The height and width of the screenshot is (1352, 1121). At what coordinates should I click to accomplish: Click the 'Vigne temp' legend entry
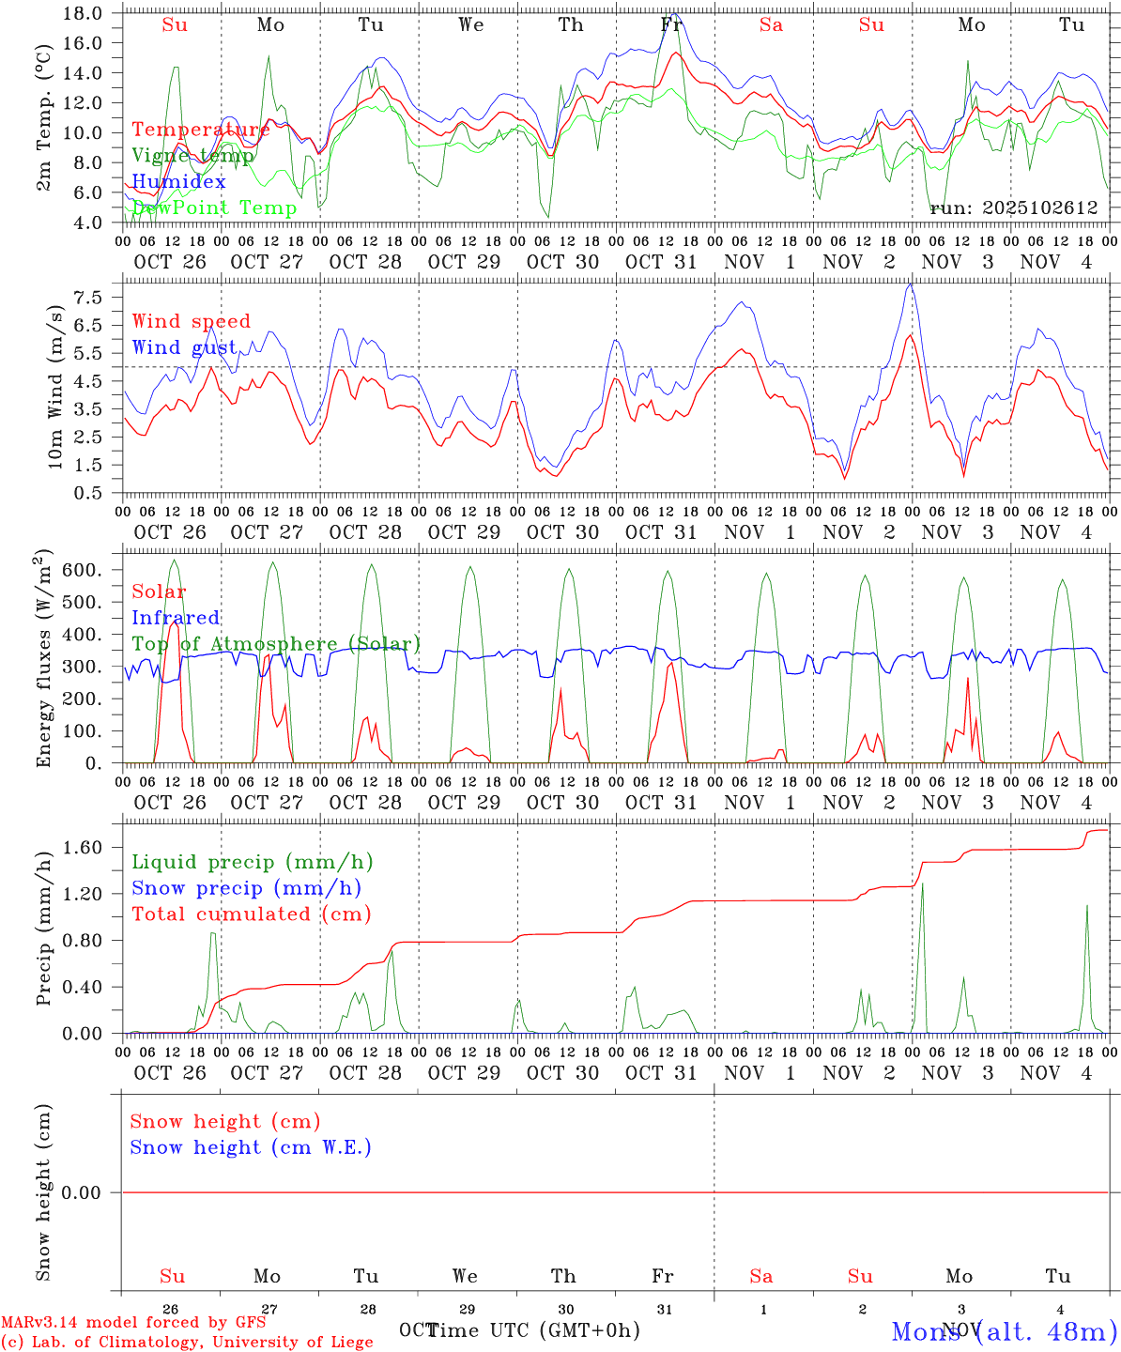[x=192, y=156]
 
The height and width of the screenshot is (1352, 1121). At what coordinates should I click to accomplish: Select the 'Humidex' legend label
[x=178, y=182]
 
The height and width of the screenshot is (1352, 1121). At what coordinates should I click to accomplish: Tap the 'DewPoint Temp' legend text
[x=214, y=208]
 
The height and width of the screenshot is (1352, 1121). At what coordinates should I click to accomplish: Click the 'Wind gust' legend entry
[x=184, y=347]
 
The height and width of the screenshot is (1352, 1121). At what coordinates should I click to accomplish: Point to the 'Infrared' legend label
[x=176, y=618]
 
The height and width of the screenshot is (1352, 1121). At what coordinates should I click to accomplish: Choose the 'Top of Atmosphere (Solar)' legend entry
[x=275, y=644]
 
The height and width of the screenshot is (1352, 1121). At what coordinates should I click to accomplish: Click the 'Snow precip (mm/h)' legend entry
[x=246, y=888]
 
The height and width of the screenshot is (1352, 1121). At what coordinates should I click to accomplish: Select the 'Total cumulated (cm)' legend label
[x=251, y=914]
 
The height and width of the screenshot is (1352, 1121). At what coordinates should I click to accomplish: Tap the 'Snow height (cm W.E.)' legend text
[x=251, y=1147]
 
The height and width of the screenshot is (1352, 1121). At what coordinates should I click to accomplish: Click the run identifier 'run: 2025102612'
[x=1014, y=208]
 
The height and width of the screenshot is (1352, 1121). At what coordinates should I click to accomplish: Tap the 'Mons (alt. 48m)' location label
[x=1004, y=1331]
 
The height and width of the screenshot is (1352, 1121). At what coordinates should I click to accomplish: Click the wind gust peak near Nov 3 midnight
[x=910, y=284]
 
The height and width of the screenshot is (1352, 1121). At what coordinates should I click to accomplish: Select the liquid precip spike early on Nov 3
[x=922, y=883]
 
